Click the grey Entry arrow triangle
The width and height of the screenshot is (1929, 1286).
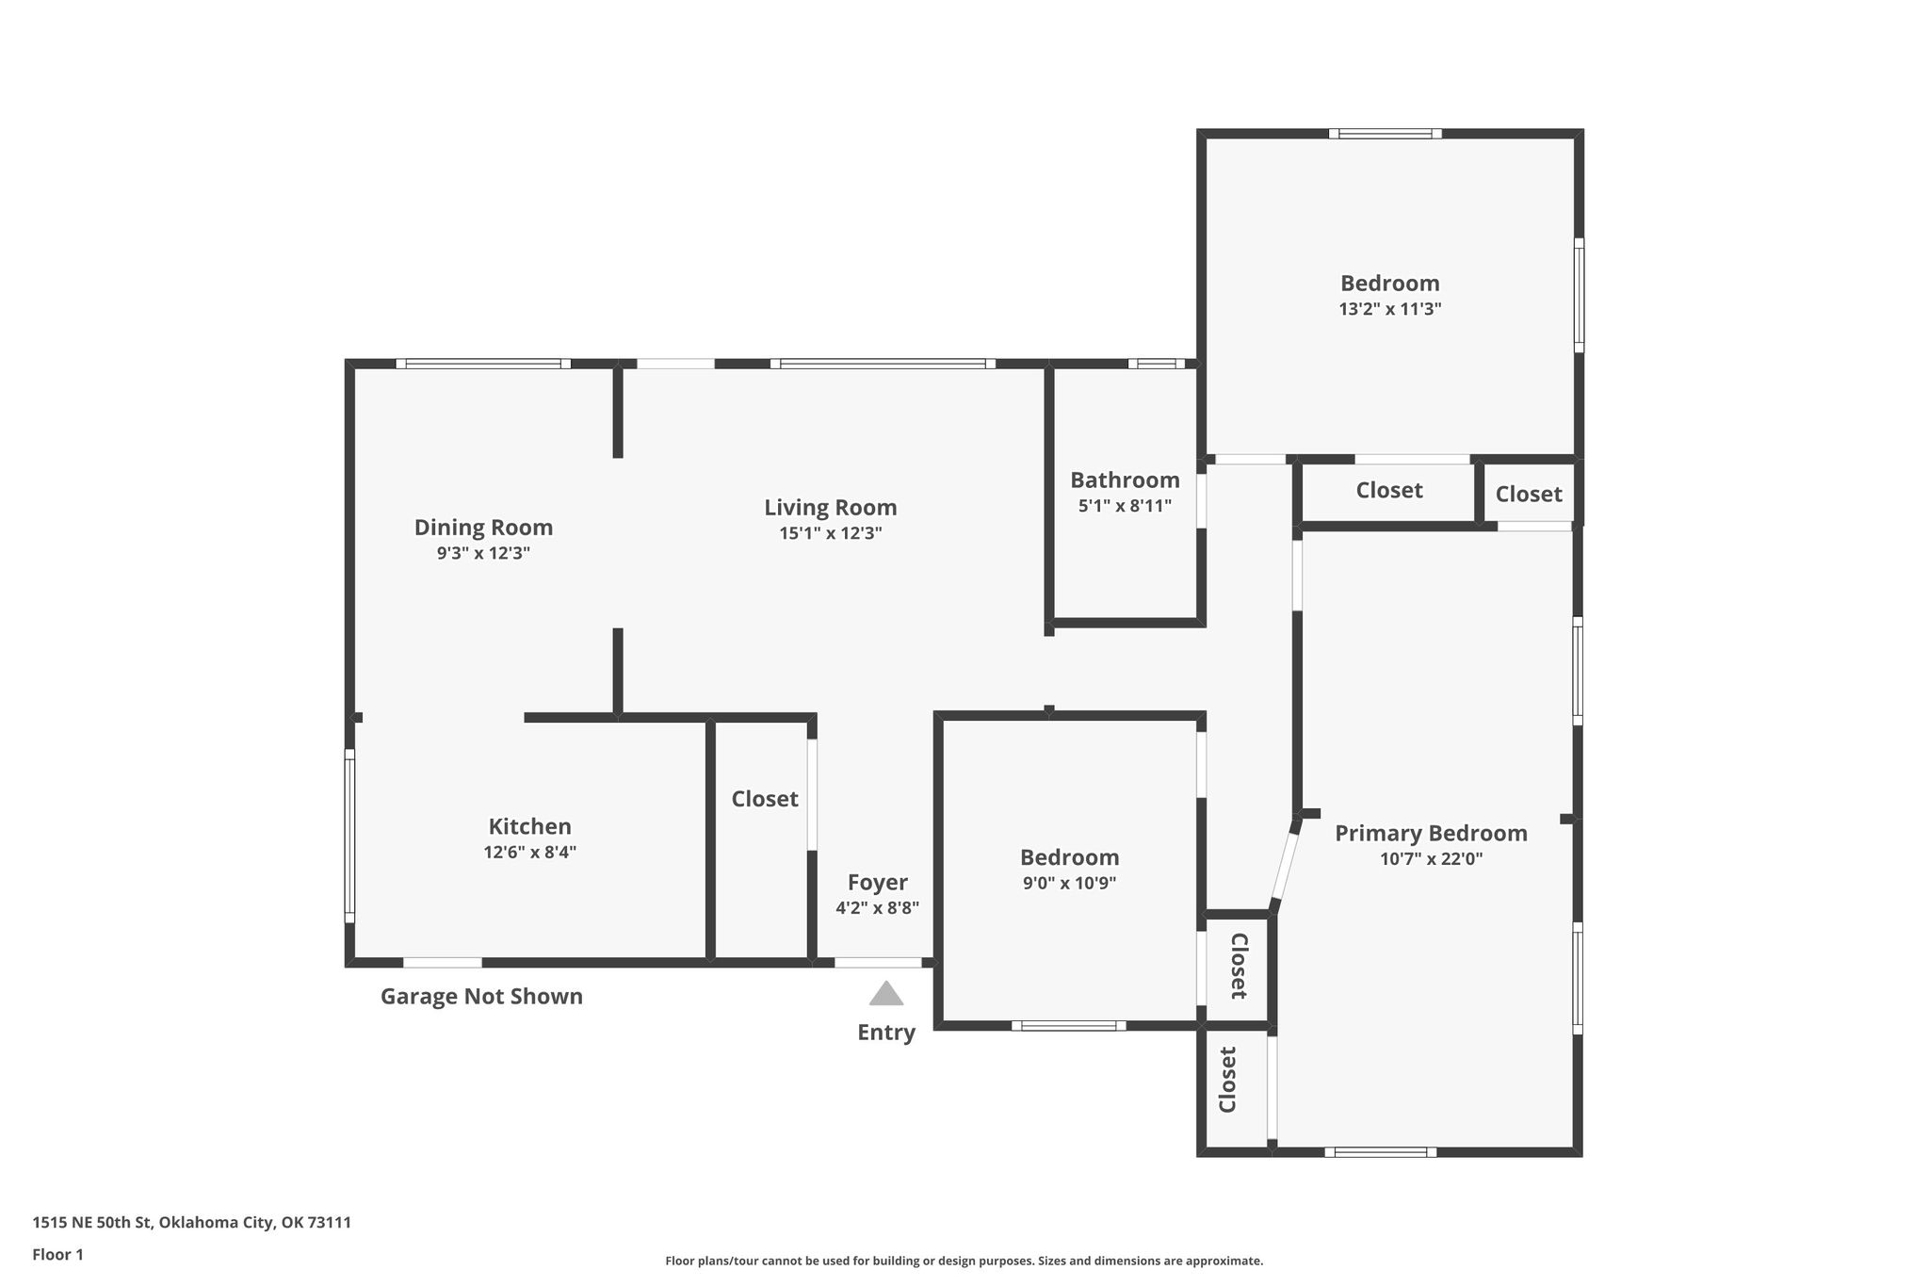[x=885, y=993]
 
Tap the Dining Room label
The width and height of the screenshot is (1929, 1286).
[x=483, y=528]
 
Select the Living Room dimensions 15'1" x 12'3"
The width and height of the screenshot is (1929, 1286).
[x=830, y=533]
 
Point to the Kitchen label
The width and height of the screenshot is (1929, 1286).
[x=529, y=826]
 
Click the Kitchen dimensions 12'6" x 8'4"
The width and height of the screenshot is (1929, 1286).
[x=529, y=853]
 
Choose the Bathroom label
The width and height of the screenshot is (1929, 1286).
[x=1125, y=480]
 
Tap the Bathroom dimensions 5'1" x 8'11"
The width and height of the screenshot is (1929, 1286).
[x=1125, y=506]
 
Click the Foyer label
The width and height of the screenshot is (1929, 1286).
[x=877, y=883]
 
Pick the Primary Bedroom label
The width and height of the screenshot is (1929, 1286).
[x=1431, y=834]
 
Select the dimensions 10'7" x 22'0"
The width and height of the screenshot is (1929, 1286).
[x=1431, y=859]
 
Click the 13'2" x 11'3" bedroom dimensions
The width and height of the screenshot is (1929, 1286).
[x=1390, y=309]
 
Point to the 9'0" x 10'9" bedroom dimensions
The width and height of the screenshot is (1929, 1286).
[x=1069, y=884]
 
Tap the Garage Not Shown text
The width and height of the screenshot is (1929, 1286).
[x=481, y=997]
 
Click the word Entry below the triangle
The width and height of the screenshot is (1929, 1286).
[x=885, y=1034]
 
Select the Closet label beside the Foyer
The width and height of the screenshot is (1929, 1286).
[x=765, y=799]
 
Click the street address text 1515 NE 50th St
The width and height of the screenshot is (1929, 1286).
[x=91, y=1223]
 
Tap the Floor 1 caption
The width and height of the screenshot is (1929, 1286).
[x=58, y=1255]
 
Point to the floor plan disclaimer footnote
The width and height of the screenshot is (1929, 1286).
[x=964, y=1261]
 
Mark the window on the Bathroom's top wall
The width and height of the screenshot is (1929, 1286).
[x=1157, y=364]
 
